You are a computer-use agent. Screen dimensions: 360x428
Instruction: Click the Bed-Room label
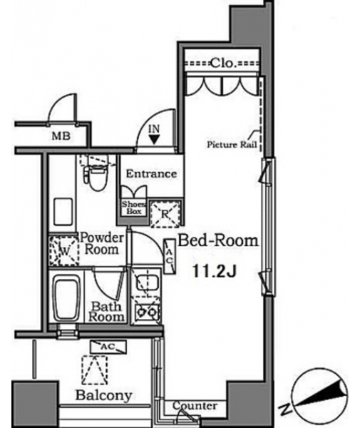click(x=218, y=241)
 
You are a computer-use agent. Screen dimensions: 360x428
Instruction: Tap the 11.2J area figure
click(x=214, y=271)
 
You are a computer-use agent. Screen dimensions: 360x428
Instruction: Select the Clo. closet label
click(x=222, y=63)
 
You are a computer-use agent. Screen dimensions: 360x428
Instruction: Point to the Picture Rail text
click(x=232, y=144)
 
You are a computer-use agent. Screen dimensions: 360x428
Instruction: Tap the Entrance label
click(x=151, y=173)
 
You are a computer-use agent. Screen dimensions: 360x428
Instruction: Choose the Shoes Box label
click(x=133, y=208)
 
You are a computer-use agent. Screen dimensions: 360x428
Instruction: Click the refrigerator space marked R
click(x=165, y=214)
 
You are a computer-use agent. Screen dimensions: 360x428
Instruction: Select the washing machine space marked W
click(x=63, y=251)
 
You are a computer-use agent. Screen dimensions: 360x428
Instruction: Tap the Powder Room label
click(x=102, y=243)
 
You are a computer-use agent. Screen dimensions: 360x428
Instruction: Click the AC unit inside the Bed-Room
click(x=170, y=256)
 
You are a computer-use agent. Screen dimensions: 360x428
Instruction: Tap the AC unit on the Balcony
click(x=108, y=347)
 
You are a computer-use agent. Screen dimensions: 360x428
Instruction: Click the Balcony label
click(x=104, y=395)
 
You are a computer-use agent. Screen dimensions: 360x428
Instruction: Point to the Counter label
click(x=195, y=406)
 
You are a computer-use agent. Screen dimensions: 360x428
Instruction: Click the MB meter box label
click(x=61, y=136)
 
